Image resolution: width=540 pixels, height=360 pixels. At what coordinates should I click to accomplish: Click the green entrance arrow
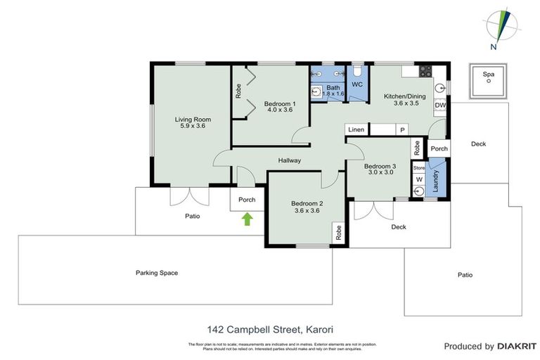tap(247, 219)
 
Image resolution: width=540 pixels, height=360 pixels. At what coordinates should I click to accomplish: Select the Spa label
tap(487, 74)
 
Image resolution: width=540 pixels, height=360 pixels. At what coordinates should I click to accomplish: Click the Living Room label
tap(193, 120)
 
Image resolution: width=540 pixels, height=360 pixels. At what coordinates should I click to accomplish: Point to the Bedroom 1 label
tap(280, 104)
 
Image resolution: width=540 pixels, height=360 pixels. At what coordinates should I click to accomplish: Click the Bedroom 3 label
tap(380, 167)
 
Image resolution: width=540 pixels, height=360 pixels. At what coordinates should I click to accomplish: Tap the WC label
tap(356, 84)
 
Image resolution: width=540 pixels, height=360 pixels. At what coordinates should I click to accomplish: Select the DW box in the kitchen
tap(440, 105)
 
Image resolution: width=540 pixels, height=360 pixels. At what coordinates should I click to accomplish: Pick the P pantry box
tap(403, 130)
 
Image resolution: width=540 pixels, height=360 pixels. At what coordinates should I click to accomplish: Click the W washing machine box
tap(419, 180)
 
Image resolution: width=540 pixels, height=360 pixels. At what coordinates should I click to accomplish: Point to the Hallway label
tap(289, 161)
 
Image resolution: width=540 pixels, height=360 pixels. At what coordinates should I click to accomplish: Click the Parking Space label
tap(157, 273)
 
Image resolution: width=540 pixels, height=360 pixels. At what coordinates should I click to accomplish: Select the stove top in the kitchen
tap(425, 70)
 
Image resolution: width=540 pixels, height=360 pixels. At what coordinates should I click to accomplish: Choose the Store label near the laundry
tap(419, 168)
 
